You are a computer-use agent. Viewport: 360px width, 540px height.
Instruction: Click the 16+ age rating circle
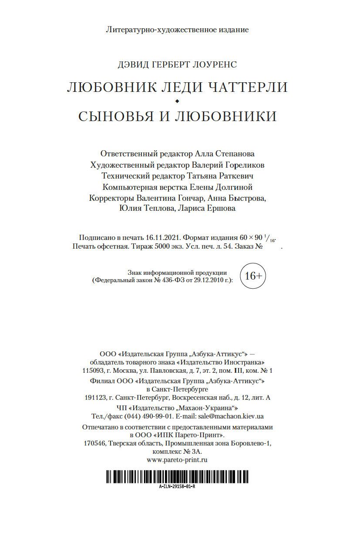point(253,276)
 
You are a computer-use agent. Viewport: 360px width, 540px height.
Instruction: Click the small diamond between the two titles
point(177,101)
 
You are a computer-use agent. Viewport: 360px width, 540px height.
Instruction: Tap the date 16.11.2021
point(163,238)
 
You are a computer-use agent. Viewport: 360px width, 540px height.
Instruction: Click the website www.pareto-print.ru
point(177,459)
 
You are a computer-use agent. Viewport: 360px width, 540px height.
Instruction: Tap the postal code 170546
point(94,443)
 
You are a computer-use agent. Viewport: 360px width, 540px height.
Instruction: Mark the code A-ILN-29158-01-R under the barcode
point(177,486)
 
